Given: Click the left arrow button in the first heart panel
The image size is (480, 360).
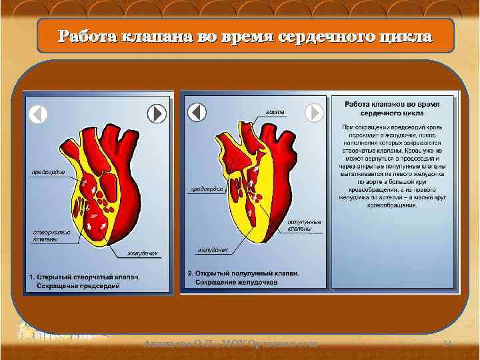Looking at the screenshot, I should (38, 115).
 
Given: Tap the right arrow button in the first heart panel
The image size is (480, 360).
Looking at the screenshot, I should (156, 115).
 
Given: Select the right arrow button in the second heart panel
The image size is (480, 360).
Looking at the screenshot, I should (314, 113).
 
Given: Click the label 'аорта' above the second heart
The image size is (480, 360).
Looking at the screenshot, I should (276, 110).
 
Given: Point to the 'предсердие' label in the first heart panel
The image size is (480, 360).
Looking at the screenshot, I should (49, 172).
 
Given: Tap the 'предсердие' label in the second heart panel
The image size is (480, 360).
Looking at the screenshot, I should (207, 189).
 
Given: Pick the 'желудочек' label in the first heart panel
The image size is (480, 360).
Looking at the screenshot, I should (144, 253).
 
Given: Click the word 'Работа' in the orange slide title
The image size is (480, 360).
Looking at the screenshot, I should (85, 36).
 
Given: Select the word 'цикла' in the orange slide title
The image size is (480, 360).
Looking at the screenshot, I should (401, 36).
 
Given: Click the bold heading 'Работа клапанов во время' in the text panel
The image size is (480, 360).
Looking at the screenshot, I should (392, 105).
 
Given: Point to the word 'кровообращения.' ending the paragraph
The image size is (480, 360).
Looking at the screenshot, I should (392, 205).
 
